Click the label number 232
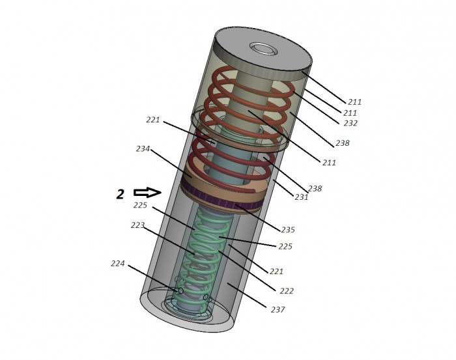tap(350, 123)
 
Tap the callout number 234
tap(143, 149)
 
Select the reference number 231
tap(301, 197)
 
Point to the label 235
tap(288, 230)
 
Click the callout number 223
tap(137, 225)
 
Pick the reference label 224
tap(117, 264)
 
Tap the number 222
tap(287, 291)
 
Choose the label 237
tap(278, 310)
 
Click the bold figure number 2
tap(120, 194)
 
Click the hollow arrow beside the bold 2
tap(147, 192)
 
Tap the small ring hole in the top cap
tap(263, 49)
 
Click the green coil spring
tap(203, 258)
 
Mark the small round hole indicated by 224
tap(180, 290)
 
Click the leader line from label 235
tap(258, 217)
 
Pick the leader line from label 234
tap(171, 163)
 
